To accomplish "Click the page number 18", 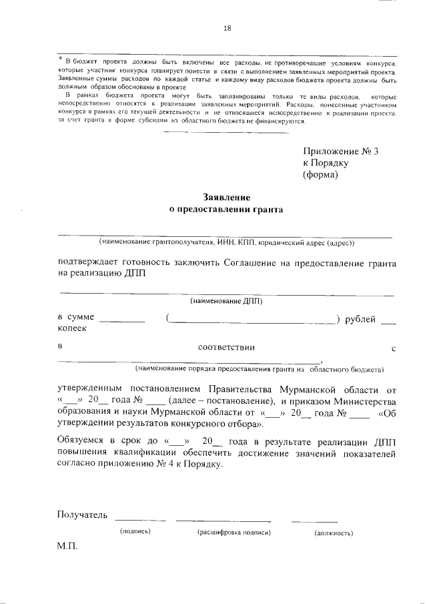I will pos(227,28).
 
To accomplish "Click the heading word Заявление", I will pos(226,198).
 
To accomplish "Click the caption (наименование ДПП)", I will pos(226,301).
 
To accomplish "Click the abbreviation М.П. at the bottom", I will pos(68,546).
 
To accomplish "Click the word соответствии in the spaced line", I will pos(226,348).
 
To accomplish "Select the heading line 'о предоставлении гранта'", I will pos(226,210).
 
